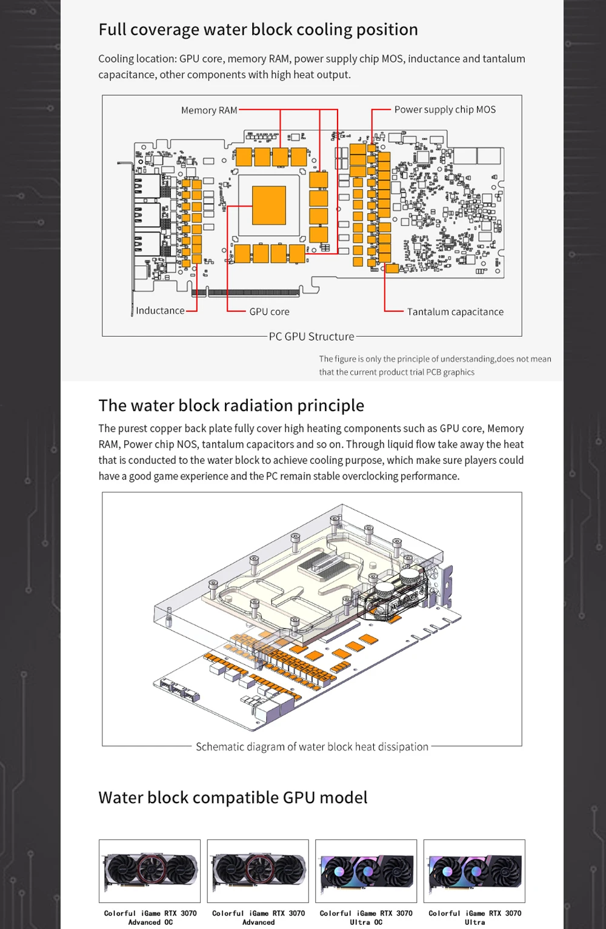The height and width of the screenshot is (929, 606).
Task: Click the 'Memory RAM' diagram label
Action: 209,110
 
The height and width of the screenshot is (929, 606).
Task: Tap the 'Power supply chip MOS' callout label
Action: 445,110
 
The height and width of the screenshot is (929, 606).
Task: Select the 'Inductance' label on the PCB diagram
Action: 160,311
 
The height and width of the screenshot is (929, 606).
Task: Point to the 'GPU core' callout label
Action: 269,312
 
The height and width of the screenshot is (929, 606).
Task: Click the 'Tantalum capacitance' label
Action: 455,312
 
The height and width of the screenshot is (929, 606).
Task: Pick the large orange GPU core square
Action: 268,205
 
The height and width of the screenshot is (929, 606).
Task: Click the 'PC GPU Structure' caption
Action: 311,337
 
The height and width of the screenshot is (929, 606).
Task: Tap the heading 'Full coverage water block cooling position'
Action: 258,30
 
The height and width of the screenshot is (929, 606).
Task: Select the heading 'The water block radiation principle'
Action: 231,405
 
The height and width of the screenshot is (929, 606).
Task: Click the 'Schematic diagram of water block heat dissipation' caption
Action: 311,747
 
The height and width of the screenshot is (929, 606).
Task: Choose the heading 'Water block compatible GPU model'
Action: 233,798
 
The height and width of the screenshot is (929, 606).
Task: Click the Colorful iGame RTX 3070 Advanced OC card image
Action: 150,871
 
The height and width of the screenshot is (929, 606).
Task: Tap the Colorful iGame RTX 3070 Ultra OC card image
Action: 366,871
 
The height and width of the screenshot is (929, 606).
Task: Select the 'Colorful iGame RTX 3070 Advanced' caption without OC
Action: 258,917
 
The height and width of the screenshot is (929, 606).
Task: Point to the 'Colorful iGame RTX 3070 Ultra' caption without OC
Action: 474,917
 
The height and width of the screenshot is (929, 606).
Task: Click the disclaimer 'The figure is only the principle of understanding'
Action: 435,365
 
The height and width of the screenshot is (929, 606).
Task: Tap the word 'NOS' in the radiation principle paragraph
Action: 187,445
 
